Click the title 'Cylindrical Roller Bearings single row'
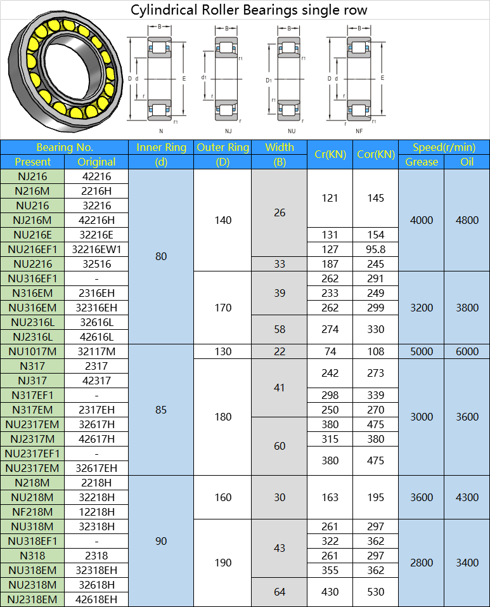click(248, 10)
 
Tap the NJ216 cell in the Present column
click(32, 176)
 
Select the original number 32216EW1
click(97, 249)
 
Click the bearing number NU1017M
click(32, 351)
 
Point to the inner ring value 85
click(161, 410)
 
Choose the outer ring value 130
click(222, 351)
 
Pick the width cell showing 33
click(279, 264)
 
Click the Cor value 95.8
click(375, 249)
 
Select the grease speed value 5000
click(422, 351)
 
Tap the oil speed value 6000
click(467, 351)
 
